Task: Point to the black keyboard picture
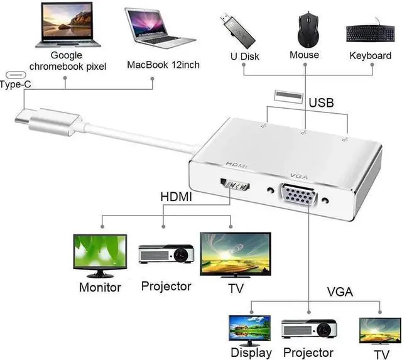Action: [x=370, y=33]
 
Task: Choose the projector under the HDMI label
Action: [x=166, y=254]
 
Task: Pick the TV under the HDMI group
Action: [x=235, y=254]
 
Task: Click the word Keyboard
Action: [x=370, y=56]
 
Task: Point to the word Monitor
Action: [x=100, y=288]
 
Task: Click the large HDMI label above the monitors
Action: [x=177, y=197]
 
